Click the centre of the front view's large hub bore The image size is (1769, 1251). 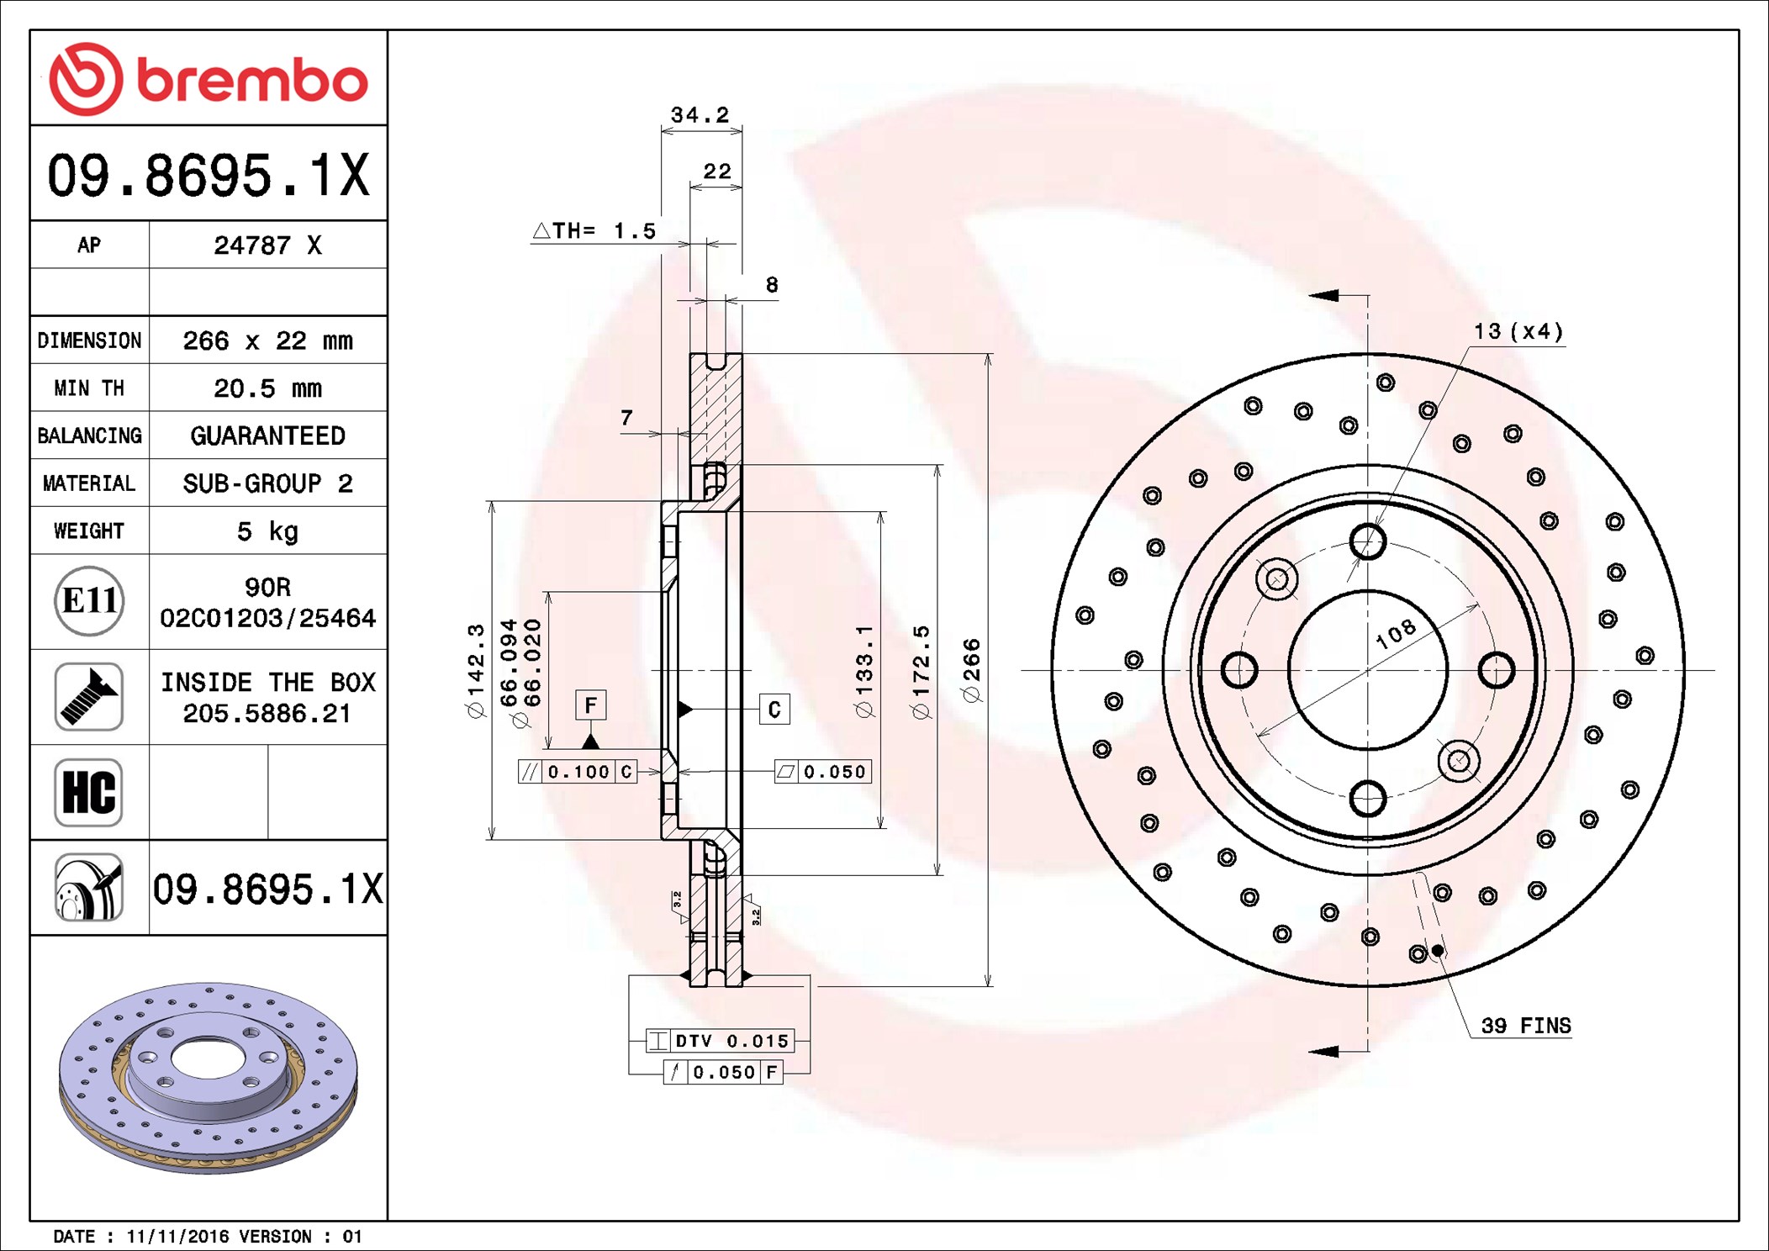[1368, 670]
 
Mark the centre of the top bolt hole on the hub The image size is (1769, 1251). [1368, 541]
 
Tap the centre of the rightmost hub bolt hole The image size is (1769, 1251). [1497, 670]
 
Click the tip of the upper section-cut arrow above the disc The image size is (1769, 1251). [1309, 295]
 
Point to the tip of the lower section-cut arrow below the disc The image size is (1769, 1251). [1309, 1051]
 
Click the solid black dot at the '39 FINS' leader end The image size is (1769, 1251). [1438, 951]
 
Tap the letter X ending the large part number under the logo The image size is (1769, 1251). [354, 175]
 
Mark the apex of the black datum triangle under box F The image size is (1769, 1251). [590, 734]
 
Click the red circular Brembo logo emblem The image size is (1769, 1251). [86, 79]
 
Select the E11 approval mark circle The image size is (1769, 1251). [89, 600]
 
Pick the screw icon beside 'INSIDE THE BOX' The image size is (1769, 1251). [89, 696]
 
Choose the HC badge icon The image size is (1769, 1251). [89, 792]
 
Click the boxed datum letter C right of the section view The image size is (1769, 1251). [774, 710]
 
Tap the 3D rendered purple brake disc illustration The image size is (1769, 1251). [209, 1078]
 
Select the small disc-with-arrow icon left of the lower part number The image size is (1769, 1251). [89, 888]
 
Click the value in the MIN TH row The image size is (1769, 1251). [267, 388]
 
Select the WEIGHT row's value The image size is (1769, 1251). [267, 531]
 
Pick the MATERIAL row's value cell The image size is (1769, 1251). [268, 483]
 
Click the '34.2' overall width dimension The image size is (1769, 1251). [700, 114]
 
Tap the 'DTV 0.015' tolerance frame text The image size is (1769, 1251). [732, 1041]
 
